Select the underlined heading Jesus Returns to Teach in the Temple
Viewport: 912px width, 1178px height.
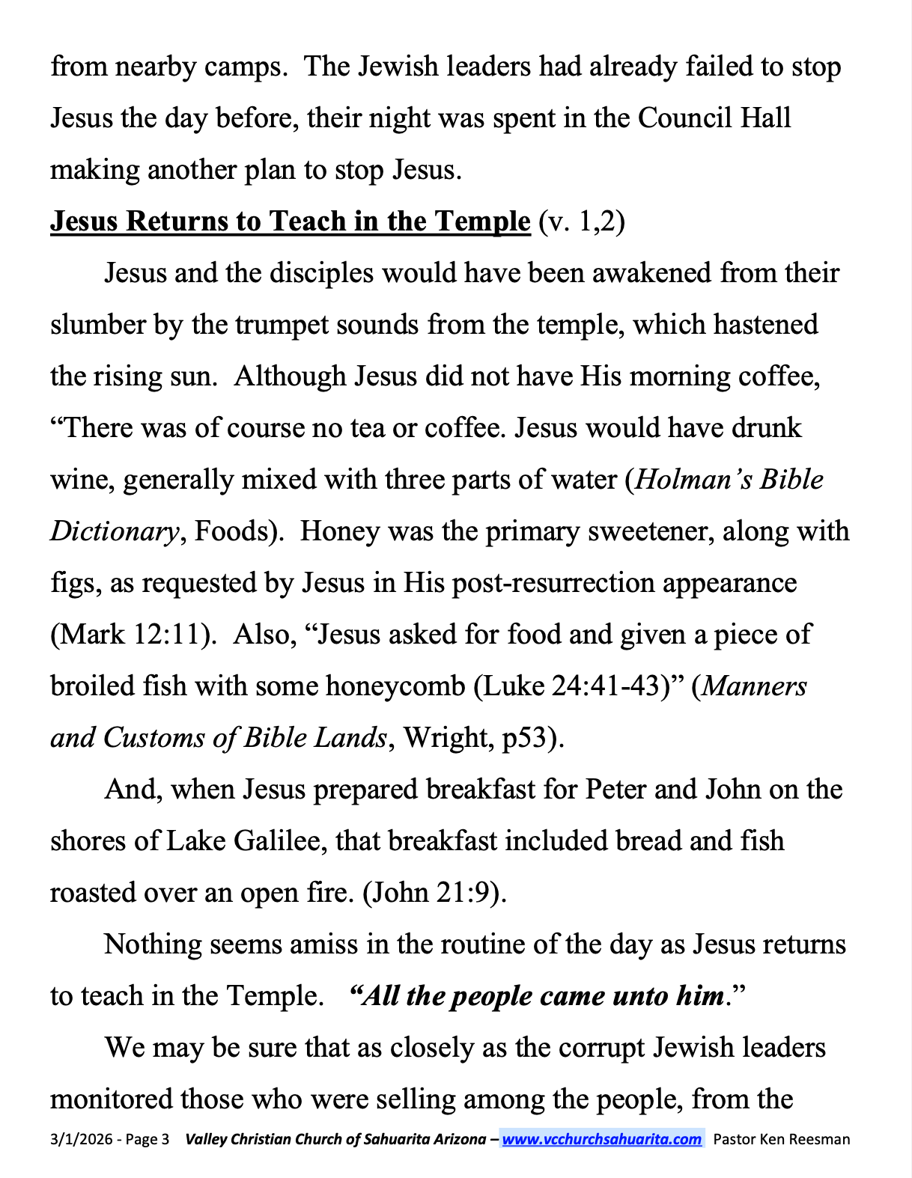290,222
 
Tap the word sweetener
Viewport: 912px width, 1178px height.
627,531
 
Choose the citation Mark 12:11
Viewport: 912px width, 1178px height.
128,635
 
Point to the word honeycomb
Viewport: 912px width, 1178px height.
395,686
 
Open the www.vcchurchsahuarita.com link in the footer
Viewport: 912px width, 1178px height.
601,1139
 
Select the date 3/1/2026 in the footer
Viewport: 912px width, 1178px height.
80,1139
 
